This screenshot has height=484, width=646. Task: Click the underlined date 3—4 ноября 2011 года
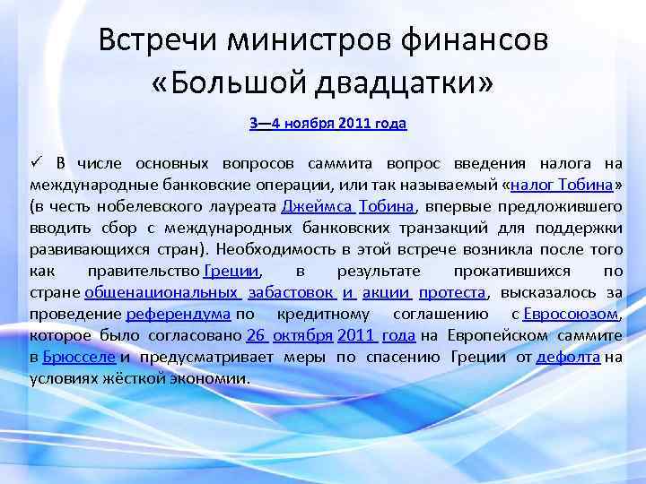[327, 124]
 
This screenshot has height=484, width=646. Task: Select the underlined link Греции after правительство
[231, 271]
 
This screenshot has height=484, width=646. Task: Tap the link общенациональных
[161, 292]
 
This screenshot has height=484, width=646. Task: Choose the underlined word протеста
[452, 292]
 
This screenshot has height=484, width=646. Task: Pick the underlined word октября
[301, 335]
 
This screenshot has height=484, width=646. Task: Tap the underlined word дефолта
[568, 357]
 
